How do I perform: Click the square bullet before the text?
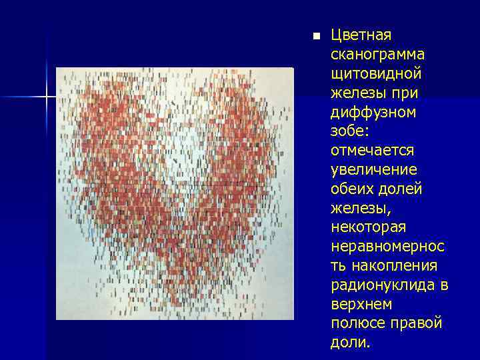[316, 35]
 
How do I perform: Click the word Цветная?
[361, 35]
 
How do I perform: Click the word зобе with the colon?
[348, 131]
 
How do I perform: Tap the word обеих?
[351, 189]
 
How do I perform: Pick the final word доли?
[349, 343]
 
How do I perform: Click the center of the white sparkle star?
[47, 98]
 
